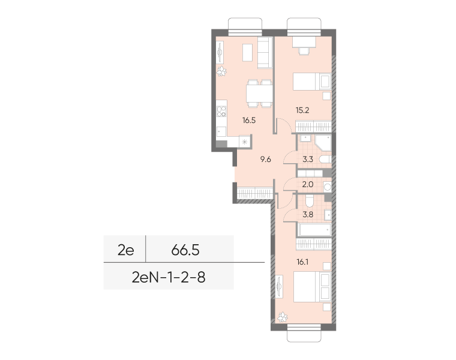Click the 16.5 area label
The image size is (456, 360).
pos(249,120)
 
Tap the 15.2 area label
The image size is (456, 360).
pos(302,110)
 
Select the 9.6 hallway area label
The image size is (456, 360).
pos(266,160)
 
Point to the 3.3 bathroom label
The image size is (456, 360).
pos(308,160)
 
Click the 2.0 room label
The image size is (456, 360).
pos(308,184)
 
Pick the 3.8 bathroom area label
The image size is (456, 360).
pos(308,215)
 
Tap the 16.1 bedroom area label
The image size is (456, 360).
pos(302,262)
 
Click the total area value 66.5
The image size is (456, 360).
pos(185,250)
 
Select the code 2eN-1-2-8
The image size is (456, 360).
pos(169,277)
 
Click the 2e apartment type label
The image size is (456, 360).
pos(125,250)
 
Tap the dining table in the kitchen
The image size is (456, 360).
pos(259,94)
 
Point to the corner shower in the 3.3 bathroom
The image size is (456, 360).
pos(323,143)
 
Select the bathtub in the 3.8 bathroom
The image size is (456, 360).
pos(314,230)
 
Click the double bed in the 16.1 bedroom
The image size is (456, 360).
pos(312,287)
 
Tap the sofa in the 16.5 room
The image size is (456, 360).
pos(265,53)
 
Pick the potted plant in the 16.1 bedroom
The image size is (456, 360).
pos(283,317)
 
